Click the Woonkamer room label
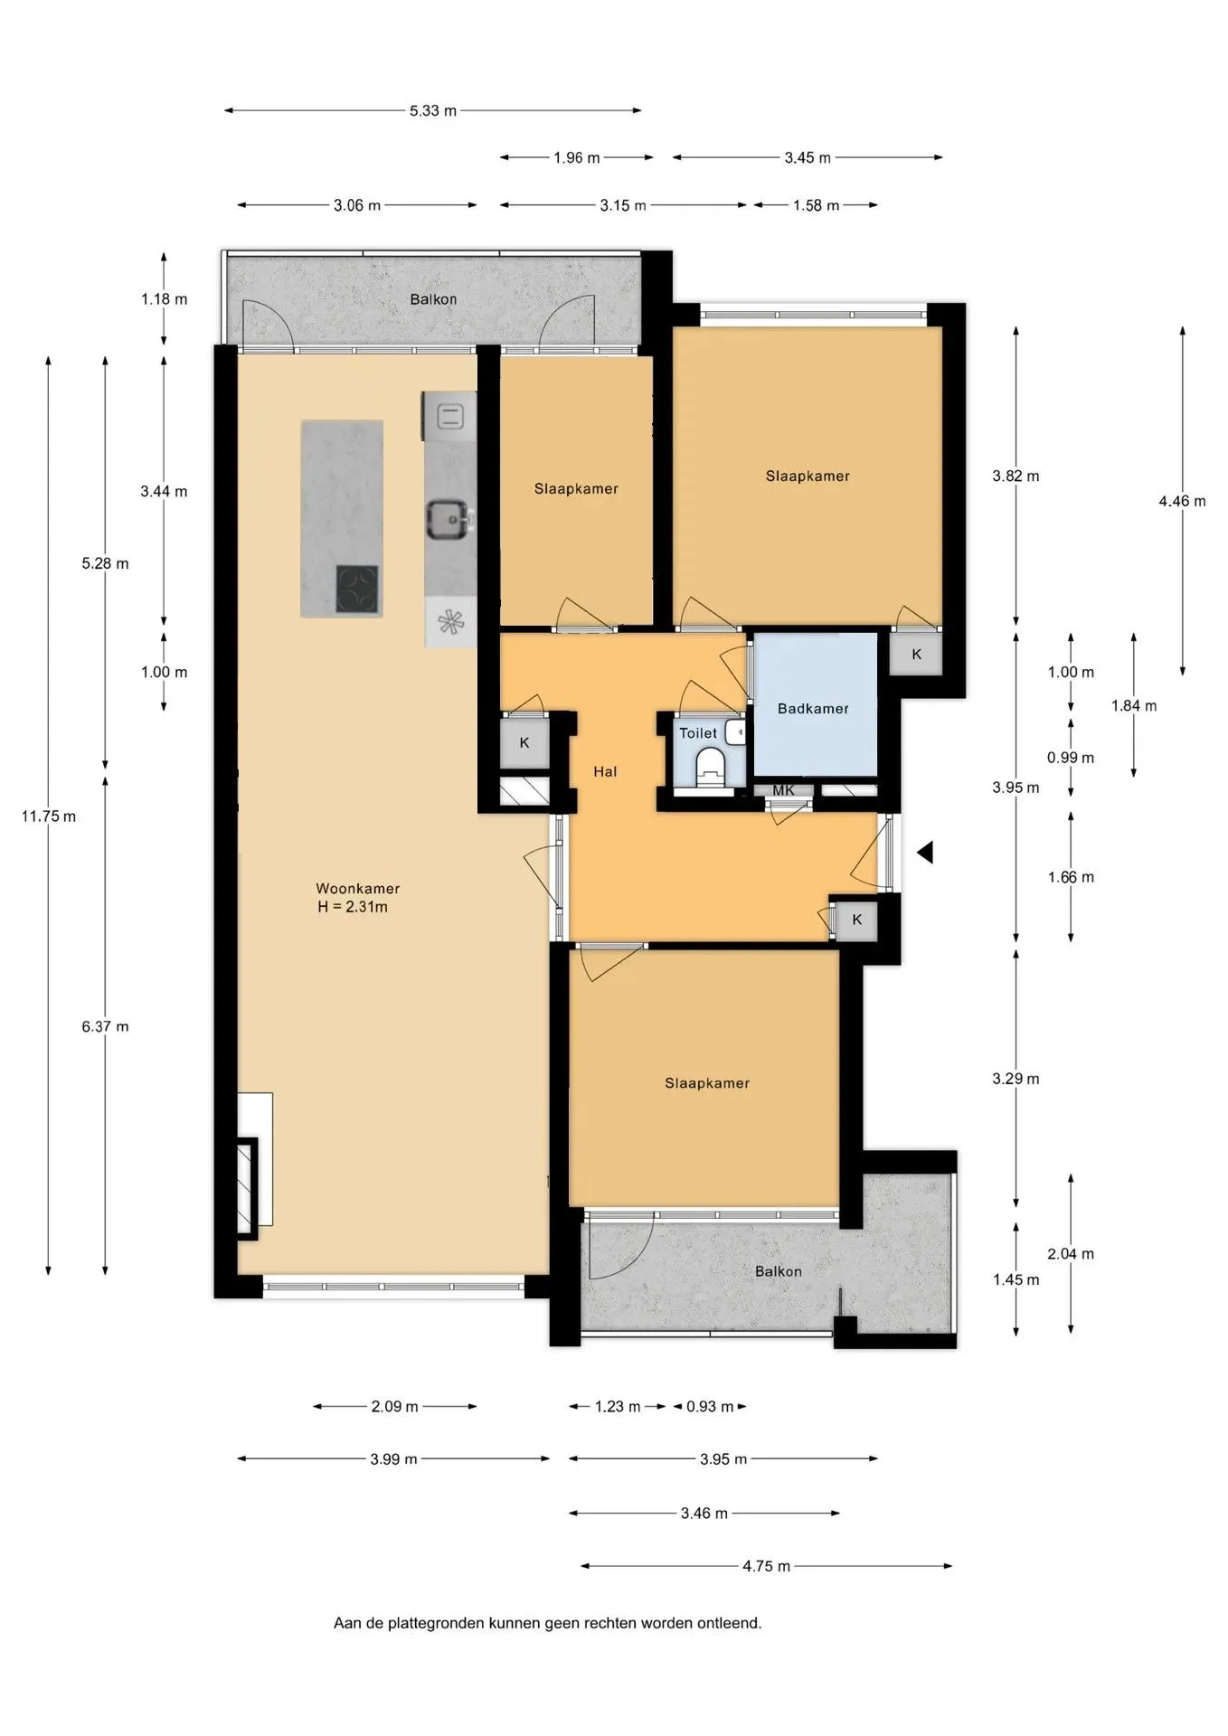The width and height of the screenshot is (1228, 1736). click(357, 889)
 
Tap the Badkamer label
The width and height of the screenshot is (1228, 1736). click(813, 709)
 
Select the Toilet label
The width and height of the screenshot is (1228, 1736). click(698, 733)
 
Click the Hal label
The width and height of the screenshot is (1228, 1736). click(605, 771)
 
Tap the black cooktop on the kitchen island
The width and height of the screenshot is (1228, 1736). click(357, 589)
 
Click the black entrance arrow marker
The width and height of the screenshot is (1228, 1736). click(924, 852)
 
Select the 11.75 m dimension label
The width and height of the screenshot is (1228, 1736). click(49, 816)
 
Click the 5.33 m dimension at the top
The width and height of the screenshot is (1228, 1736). click(433, 110)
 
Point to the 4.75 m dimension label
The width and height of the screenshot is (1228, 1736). click(767, 1566)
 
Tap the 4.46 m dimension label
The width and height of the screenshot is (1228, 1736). click(1182, 501)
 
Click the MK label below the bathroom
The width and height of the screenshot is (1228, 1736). click(783, 790)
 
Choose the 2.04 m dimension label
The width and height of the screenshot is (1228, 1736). click(1071, 1253)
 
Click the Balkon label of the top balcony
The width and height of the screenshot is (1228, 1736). click(433, 299)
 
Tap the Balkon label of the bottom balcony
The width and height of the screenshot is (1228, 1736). click(779, 1271)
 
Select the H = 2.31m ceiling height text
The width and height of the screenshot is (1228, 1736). click(353, 907)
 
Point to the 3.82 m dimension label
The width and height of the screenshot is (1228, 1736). click(1015, 476)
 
